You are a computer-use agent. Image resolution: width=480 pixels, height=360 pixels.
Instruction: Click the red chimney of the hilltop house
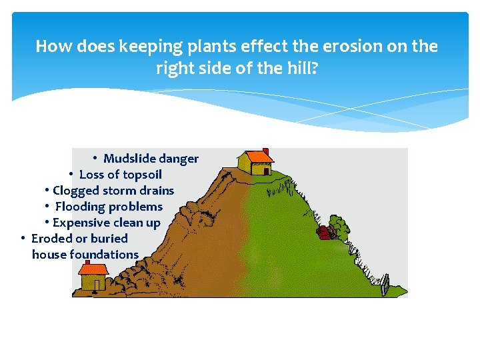[265, 151]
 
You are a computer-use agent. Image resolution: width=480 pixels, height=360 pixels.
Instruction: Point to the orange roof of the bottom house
[93, 269]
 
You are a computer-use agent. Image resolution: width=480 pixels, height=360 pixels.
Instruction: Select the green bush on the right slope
[339, 228]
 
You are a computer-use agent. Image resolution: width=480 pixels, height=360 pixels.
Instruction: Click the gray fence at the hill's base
[385, 285]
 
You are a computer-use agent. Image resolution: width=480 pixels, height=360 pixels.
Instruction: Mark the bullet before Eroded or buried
[23, 238]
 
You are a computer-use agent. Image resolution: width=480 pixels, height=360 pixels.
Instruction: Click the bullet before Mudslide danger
[95, 158]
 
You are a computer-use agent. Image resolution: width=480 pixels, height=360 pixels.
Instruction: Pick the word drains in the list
[158, 191]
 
